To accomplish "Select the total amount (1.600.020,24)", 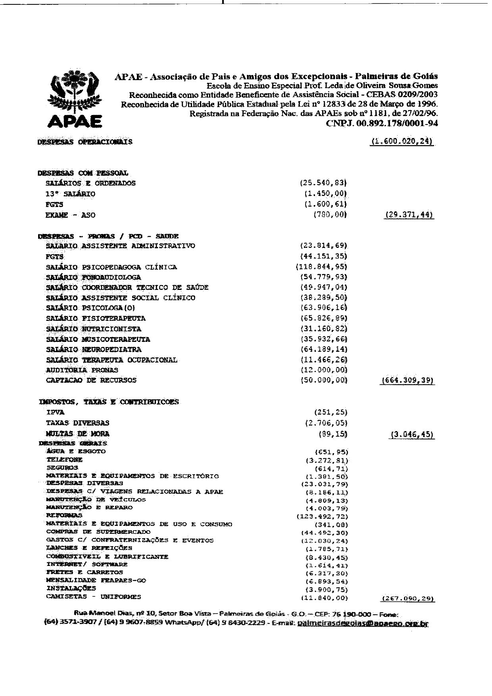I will coord(401,142).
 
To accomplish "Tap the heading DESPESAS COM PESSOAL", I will coord(83,173).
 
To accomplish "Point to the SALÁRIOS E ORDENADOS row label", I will coord(90,183).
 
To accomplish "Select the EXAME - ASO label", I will coord(71,215).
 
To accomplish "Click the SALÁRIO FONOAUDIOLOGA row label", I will coord(93,277).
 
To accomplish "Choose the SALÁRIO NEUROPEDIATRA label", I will coord(94,349).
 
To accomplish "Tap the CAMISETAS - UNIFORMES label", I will coord(94,596).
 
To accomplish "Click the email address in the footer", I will coord(363,623).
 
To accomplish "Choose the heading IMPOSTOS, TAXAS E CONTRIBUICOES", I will coord(109,402).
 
